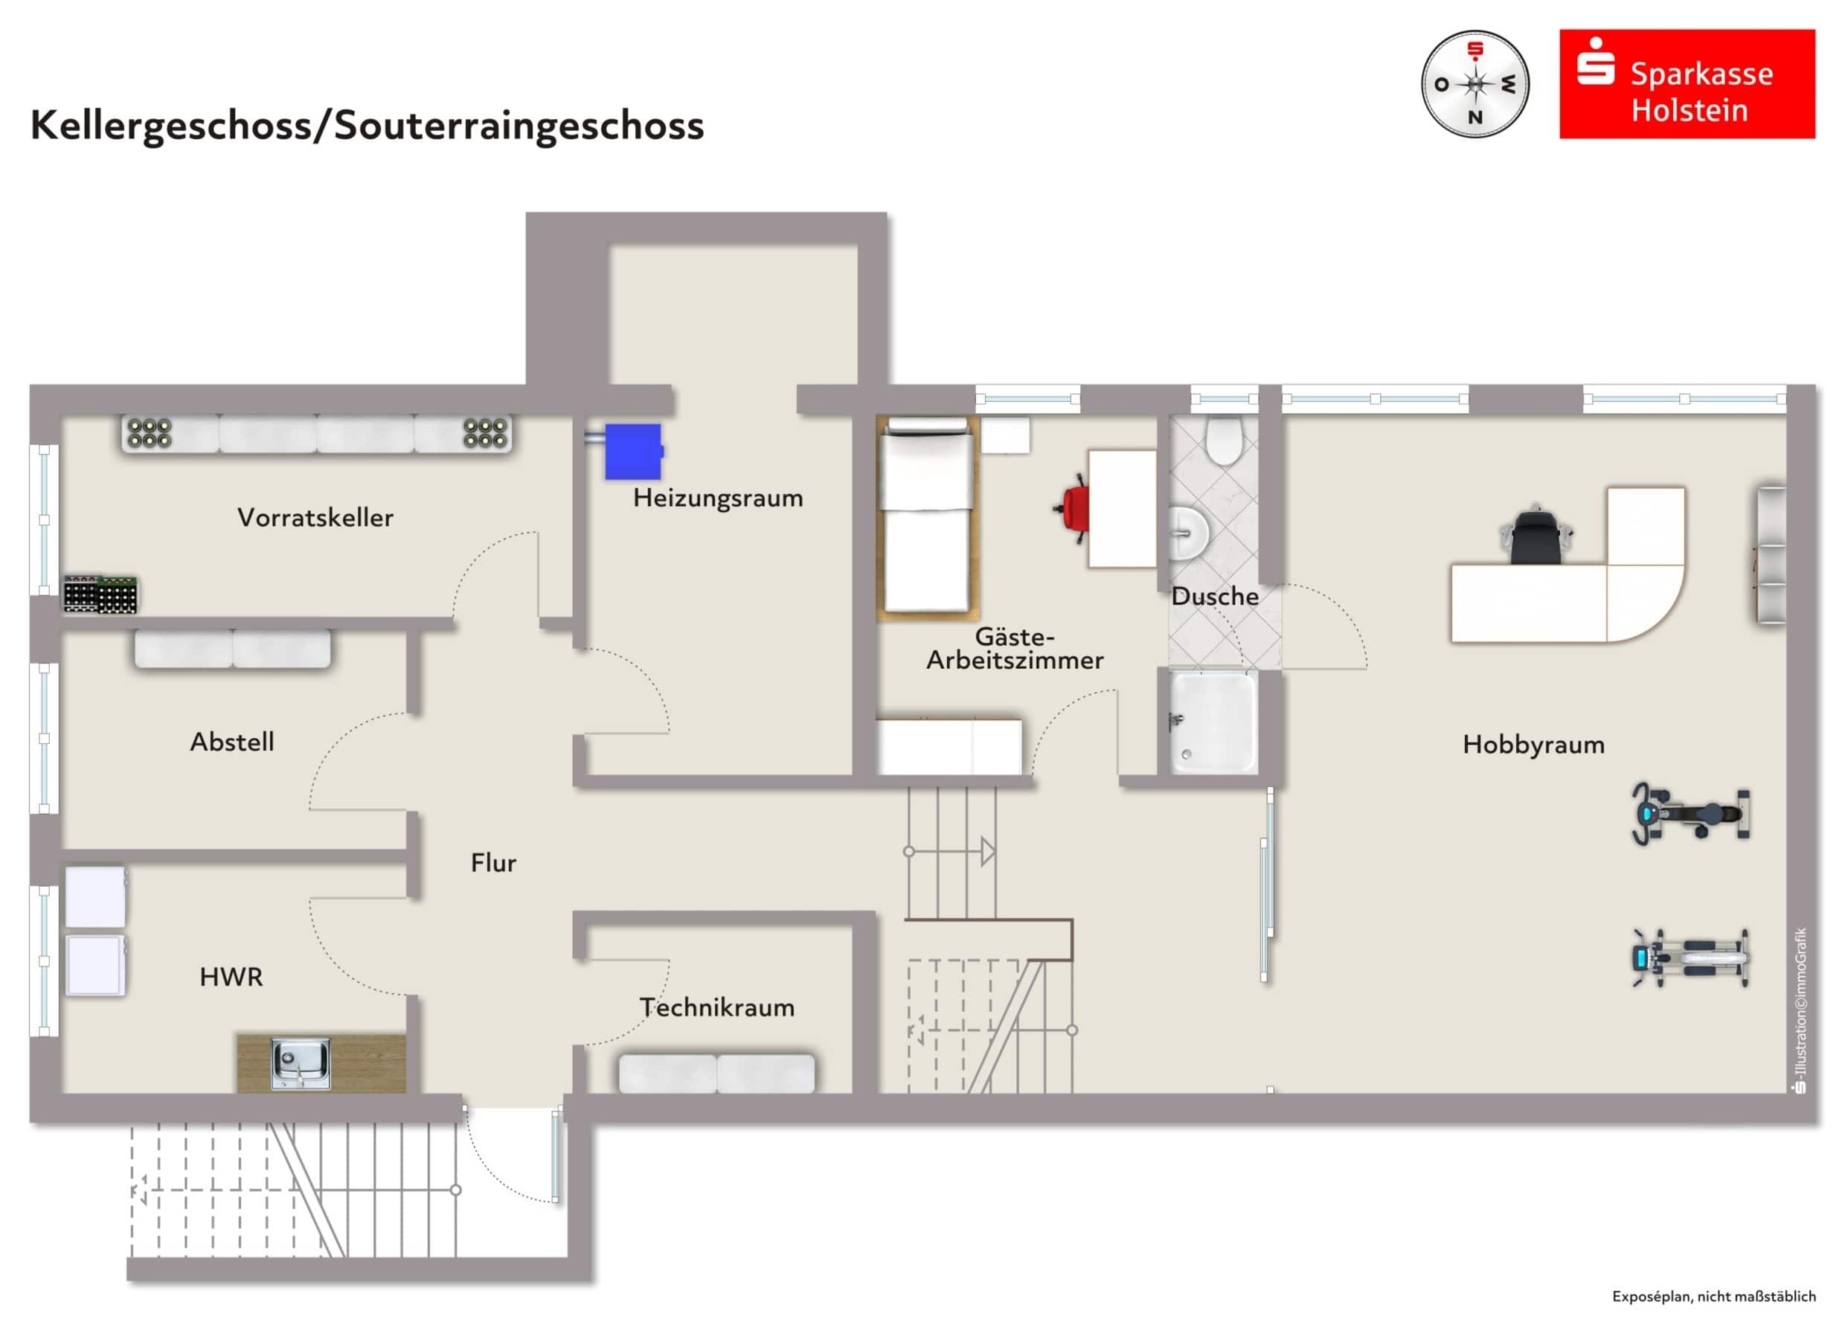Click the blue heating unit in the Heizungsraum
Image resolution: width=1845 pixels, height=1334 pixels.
(633, 451)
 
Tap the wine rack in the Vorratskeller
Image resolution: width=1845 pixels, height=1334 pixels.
(100, 594)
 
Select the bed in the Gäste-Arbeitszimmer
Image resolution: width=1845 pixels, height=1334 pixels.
(928, 516)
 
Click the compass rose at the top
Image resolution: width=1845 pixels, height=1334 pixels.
(1474, 85)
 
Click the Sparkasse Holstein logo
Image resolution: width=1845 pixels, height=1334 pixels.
(1687, 85)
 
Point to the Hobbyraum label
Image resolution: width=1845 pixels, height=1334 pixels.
(1533, 744)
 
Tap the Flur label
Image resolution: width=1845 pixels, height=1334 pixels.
(493, 862)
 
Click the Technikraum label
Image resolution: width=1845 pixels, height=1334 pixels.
(716, 1007)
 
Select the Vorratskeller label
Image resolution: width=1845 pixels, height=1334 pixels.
(315, 517)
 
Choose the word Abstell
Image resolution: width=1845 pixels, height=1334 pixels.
(232, 742)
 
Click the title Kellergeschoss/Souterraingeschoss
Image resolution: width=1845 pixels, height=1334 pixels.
(367, 125)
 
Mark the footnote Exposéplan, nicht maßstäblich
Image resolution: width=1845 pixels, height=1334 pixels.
(1713, 1296)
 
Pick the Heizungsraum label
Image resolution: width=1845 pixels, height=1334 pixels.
(717, 498)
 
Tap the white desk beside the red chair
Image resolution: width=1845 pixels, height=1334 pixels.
(1121, 508)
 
